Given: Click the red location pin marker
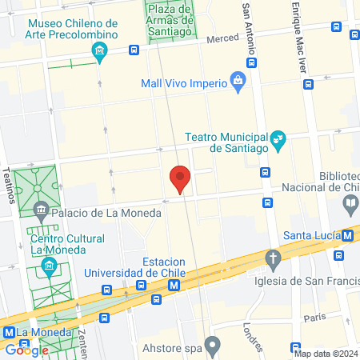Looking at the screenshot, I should [180, 178].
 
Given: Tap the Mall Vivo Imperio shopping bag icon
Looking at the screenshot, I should [238, 80].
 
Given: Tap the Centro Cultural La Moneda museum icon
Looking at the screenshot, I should [50, 265].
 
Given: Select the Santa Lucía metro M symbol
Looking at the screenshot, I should [347, 236].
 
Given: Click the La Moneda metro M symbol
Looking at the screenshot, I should [9, 332].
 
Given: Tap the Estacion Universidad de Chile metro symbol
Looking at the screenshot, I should [184, 284].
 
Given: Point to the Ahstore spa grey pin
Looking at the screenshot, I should [213, 346].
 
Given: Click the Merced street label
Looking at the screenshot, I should [222, 39].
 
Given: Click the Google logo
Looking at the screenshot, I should [26, 350].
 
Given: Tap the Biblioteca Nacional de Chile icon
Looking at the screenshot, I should [350, 206].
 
